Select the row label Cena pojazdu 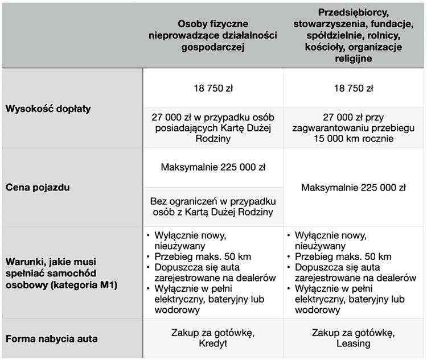tap(38, 187)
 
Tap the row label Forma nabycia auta tap(52, 338)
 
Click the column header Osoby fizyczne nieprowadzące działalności tap(212, 35)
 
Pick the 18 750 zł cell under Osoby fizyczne tap(213, 88)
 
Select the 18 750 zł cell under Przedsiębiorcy tap(354, 88)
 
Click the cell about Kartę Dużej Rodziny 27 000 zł tap(213, 127)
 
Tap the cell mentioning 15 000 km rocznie tap(354, 127)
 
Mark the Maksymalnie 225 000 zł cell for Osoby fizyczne tap(213, 167)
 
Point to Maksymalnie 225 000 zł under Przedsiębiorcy tap(354, 187)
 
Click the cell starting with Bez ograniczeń tap(213, 207)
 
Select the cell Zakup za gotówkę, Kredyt tap(213, 338)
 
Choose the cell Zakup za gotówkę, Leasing tap(354, 338)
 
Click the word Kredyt tap(213, 344)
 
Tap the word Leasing tap(354, 344)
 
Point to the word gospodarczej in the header tap(212, 47)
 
